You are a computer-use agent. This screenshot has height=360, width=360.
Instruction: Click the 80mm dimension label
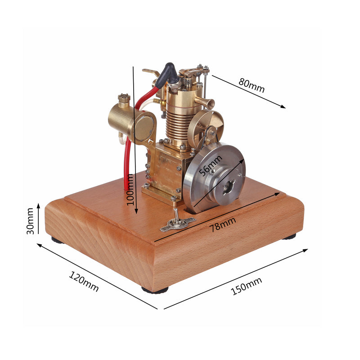point(252,85)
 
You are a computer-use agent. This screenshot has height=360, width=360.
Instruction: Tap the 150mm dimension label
point(246,286)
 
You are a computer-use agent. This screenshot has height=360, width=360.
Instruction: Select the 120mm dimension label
point(84,281)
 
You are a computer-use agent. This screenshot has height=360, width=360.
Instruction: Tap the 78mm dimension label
point(223,223)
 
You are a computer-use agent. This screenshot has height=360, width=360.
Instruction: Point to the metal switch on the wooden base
point(178,222)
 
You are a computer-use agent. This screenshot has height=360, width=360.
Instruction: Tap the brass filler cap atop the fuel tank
point(124,99)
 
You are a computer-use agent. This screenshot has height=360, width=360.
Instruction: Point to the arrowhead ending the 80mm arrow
point(283,107)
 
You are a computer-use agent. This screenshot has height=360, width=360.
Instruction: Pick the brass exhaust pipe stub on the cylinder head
point(207,103)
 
